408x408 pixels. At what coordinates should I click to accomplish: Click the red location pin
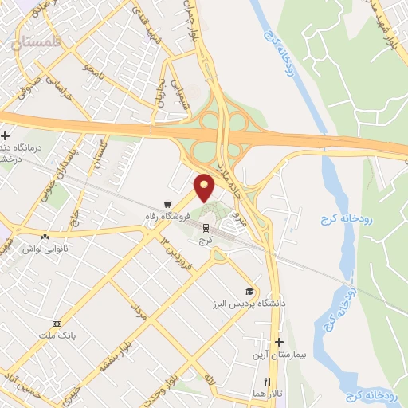(205, 187)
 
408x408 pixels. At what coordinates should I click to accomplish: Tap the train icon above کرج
(206, 227)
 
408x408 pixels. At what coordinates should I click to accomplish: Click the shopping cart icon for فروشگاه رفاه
(167, 204)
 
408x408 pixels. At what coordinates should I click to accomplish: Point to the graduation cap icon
(249, 292)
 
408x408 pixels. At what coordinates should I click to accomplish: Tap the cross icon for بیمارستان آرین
(278, 341)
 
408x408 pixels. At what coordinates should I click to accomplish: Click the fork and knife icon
(268, 381)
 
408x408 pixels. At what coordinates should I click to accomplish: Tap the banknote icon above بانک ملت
(57, 324)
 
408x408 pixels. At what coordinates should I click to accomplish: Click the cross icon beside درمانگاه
(6, 137)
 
